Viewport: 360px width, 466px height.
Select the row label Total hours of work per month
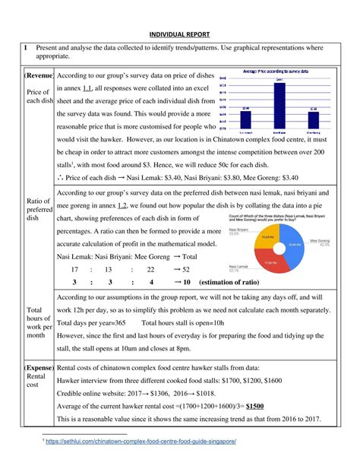[x=36, y=322]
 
